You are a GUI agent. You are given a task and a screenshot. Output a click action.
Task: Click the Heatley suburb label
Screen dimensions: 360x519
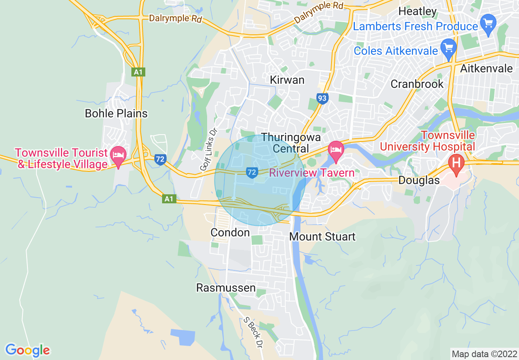click(417, 11)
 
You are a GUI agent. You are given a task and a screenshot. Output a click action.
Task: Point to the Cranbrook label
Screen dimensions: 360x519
click(417, 84)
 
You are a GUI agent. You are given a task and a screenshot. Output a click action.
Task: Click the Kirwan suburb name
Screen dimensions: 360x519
click(287, 80)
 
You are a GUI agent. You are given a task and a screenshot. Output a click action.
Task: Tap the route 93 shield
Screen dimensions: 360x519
click(322, 98)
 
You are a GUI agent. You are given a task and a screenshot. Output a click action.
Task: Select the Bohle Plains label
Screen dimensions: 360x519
click(116, 113)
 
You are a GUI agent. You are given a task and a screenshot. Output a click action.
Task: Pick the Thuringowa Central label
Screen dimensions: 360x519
click(285, 142)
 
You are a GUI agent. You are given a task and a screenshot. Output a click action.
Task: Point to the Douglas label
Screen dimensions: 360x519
click(419, 180)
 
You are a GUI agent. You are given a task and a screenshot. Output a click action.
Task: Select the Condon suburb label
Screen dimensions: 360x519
click(230, 233)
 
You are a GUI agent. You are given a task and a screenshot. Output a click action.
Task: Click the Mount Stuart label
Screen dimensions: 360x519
click(322, 236)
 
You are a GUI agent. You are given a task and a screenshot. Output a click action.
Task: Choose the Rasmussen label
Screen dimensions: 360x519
click(226, 288)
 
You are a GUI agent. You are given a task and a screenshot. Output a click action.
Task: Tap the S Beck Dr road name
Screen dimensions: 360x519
click(252, 332)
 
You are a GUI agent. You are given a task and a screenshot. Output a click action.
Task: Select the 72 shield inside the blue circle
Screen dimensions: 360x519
click(251, 173)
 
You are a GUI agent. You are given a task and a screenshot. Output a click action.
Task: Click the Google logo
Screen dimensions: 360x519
click(27, 350)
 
